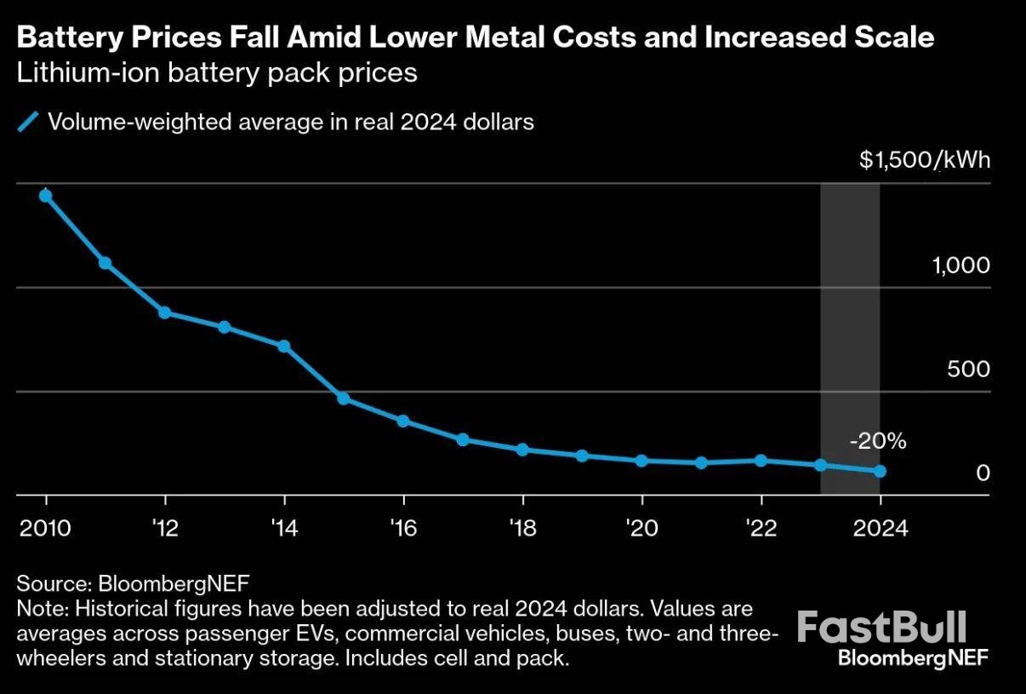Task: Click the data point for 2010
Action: coord(46,196)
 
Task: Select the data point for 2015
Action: coord(344,398)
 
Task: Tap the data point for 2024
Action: coord(880,471)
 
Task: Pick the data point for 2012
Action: coord(165,313)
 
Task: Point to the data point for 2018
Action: coord(522,449)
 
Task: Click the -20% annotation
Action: coord(877,441)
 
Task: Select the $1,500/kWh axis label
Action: coord(924,161)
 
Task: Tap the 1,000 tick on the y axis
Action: coord(960,266)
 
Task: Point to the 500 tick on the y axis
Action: coord(970,370)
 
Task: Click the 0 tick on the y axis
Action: coord(983,473)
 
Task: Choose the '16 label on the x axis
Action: coord(402,528)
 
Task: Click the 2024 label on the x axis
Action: coord(880,528)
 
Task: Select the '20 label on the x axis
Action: coord(641,528)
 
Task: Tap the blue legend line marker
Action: coord(29,123)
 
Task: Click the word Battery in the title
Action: coord(64,37)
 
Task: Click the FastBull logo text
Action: coord(881,628)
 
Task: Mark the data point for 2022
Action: coord(761,460)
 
